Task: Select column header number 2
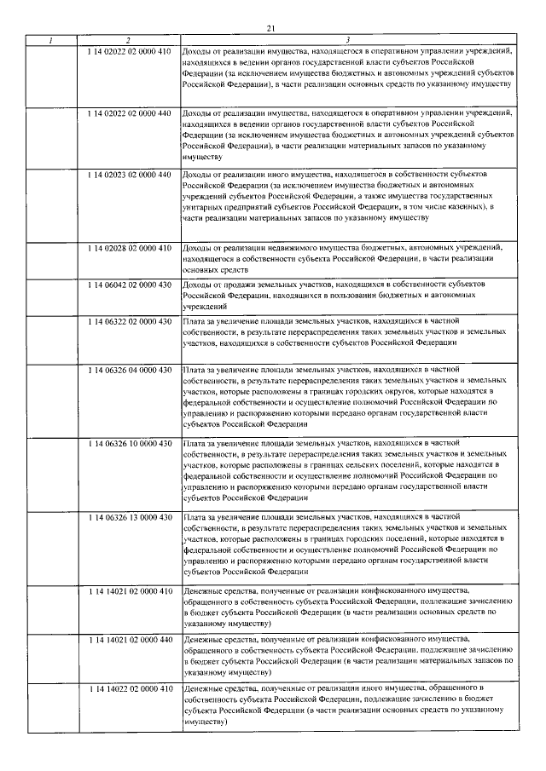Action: (x=129, y=41)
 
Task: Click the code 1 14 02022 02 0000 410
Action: (x=130, y=52)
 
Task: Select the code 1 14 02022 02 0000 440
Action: (x=130, y=112)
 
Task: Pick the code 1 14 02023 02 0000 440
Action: (x=130, y=174)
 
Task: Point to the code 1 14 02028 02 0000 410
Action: (x=130, y=247)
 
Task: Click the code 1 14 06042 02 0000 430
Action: (x=130, y=283)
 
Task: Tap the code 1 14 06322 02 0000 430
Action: (x=130, y=319)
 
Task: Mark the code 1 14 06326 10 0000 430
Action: (x=130, y=443)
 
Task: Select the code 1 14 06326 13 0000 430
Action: (x=130, y=517)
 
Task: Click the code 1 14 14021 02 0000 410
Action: (x=130, y=590)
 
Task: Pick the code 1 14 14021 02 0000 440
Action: (x=130, y=638)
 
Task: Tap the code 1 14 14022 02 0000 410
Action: (x=130, y=688)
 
